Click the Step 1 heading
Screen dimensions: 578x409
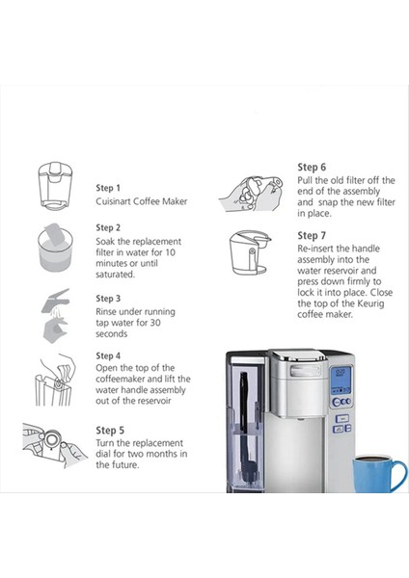point(108,189)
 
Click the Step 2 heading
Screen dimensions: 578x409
point(108,228)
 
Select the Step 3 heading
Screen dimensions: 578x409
point(108,300)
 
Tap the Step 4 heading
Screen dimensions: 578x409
point(108,355)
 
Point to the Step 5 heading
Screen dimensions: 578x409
point(108,430)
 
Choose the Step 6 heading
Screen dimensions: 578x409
point(312,167)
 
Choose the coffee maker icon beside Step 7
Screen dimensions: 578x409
point(248,255)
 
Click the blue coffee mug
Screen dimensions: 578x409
point(380,474)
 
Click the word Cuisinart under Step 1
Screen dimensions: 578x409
point(117,202)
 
